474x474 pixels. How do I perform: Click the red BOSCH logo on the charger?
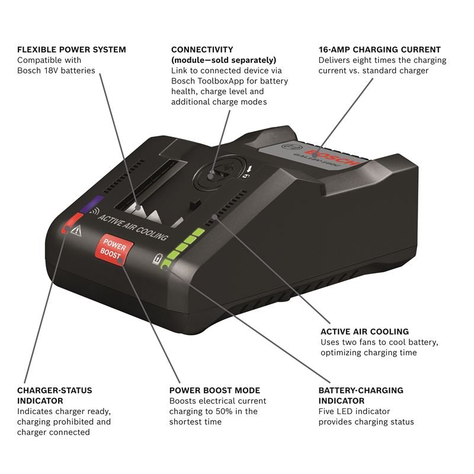click(x=341, y=152)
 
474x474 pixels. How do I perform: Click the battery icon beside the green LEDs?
click(x=158, y=259)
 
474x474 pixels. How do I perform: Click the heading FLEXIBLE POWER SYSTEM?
click(x=71, y=50)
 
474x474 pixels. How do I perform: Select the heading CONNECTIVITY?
click(x=202, y=50)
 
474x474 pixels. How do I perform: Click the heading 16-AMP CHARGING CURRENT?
click(x=379, y=50)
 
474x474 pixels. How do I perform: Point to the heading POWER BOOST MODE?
click(x=214, y=390)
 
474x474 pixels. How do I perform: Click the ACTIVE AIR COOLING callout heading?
click(x=364, y=332)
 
